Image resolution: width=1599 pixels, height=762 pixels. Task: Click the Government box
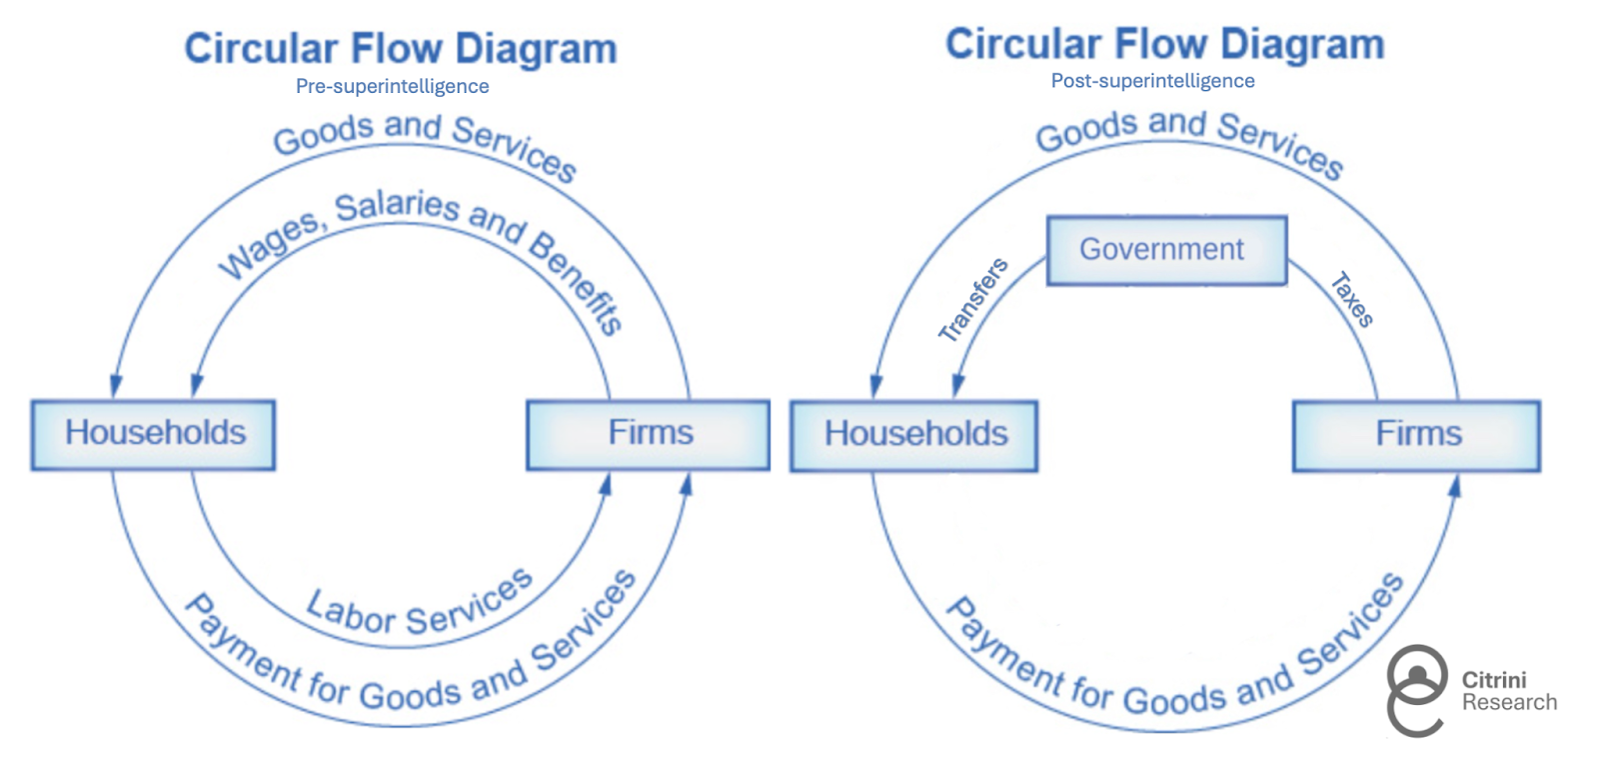point(1166,250)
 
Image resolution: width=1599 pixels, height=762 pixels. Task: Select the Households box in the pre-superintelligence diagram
point(153,434)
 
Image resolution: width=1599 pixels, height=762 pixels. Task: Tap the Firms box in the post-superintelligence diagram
point(1416,435)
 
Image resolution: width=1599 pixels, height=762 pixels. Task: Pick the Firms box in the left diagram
point(649,434)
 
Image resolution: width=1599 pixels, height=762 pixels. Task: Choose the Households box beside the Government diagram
point(913,435)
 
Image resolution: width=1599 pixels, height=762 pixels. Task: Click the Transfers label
point(972,300)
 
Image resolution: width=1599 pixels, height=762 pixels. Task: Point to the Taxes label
point(1352,300)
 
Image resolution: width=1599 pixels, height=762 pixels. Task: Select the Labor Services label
point(419,604)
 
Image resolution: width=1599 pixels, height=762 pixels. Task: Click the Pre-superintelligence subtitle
point(392,87)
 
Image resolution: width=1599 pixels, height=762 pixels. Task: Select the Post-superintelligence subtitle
point(1152,81)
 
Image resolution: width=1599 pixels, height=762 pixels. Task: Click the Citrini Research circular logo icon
point(1417,690)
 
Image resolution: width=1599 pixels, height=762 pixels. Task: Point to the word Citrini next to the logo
point(1494,680)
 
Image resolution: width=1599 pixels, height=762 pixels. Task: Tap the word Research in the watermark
point(1509,702)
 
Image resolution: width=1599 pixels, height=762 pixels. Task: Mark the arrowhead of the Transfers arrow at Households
point(958,385)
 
